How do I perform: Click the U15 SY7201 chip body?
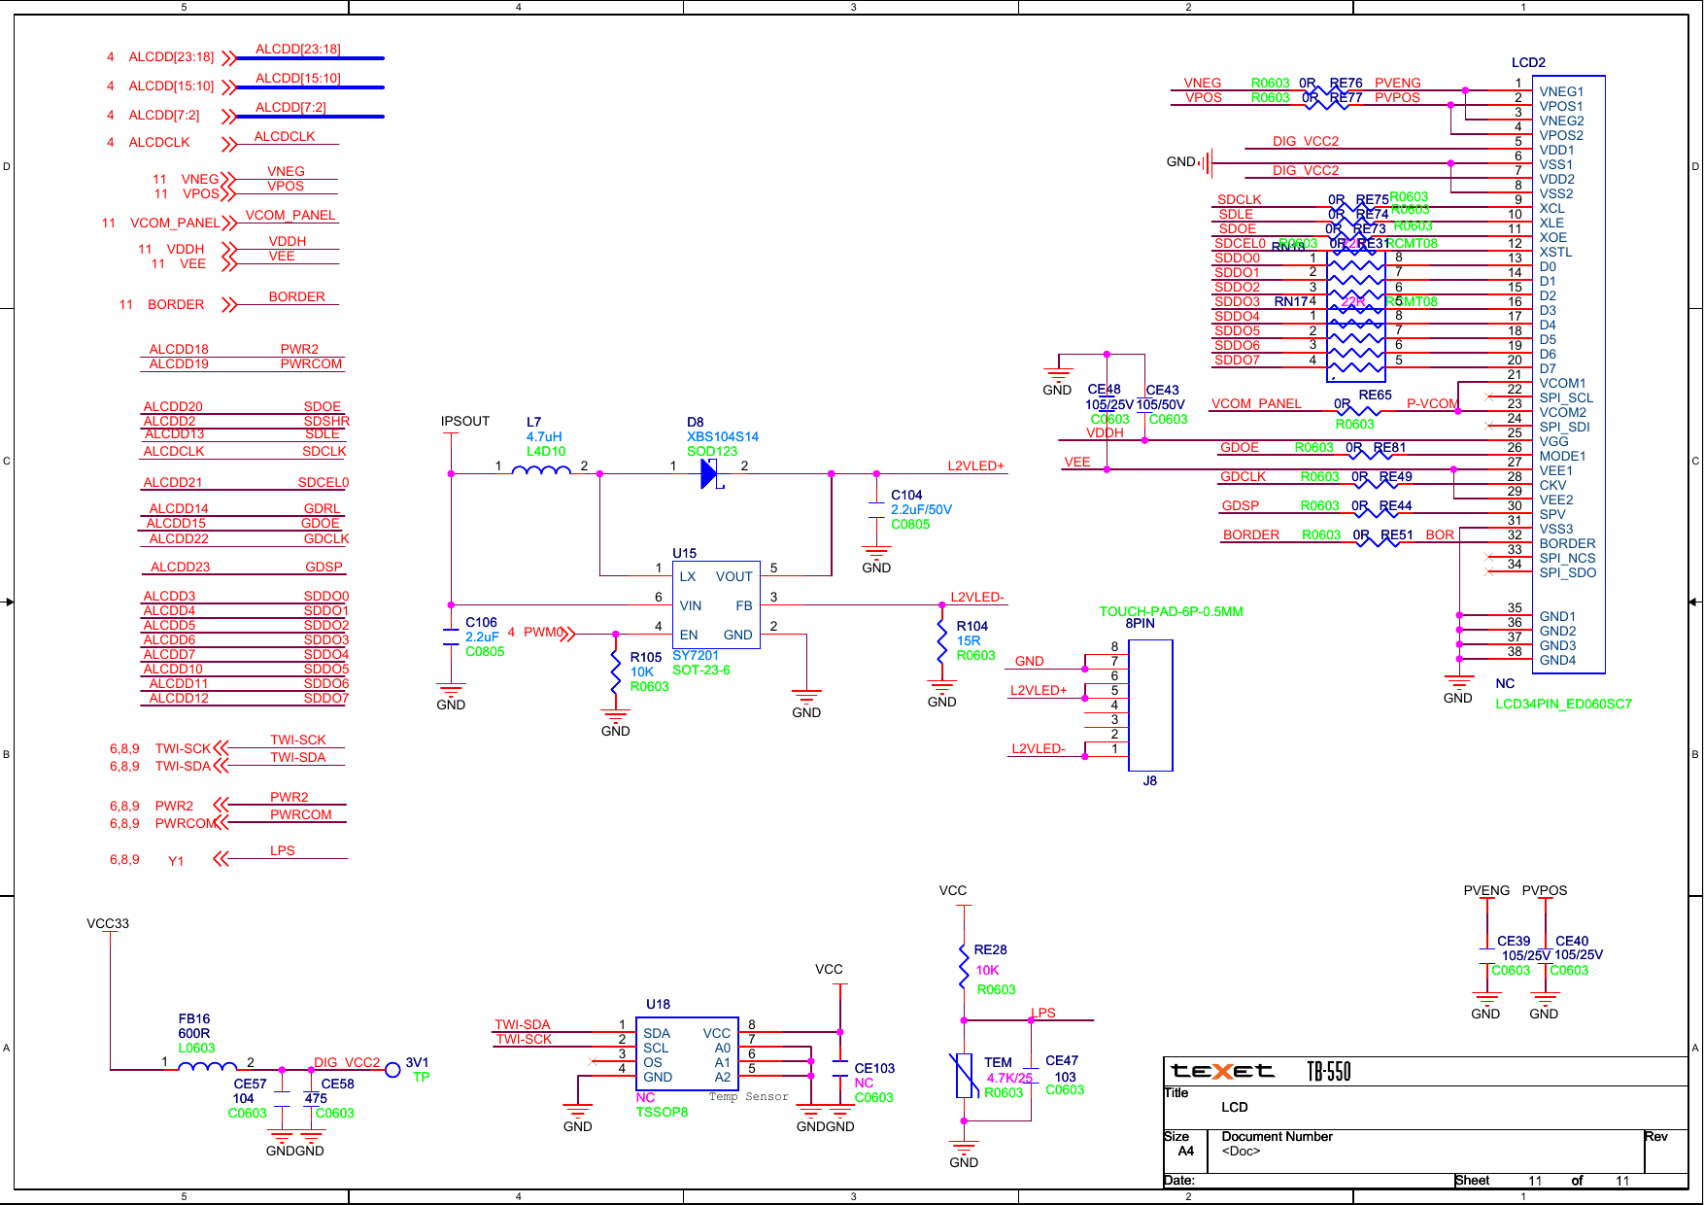(715, 604)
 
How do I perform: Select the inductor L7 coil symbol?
(541, 470)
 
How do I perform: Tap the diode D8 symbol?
(709, 474)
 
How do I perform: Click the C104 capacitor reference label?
(905, 495)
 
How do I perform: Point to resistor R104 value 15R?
(968, 641)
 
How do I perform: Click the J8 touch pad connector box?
(1150, 705)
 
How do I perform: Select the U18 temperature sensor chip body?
(687, 1053)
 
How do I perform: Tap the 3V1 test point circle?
(392, 1070)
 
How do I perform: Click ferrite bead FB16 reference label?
(194, 1018)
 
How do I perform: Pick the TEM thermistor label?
(998, 1062)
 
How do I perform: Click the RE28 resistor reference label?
(990, 949)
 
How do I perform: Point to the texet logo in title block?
(1222, 1071)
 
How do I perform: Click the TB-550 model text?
(1328, 1071)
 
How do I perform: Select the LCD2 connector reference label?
(1527, 62)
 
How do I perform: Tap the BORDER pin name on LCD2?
(1566, 543)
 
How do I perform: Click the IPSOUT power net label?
(464, 421)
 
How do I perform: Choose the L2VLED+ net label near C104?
(975, 465)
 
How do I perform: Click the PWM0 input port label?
(542, 632)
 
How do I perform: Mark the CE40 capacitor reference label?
(1571, 941)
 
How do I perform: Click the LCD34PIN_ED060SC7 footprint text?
(1562, 704)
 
